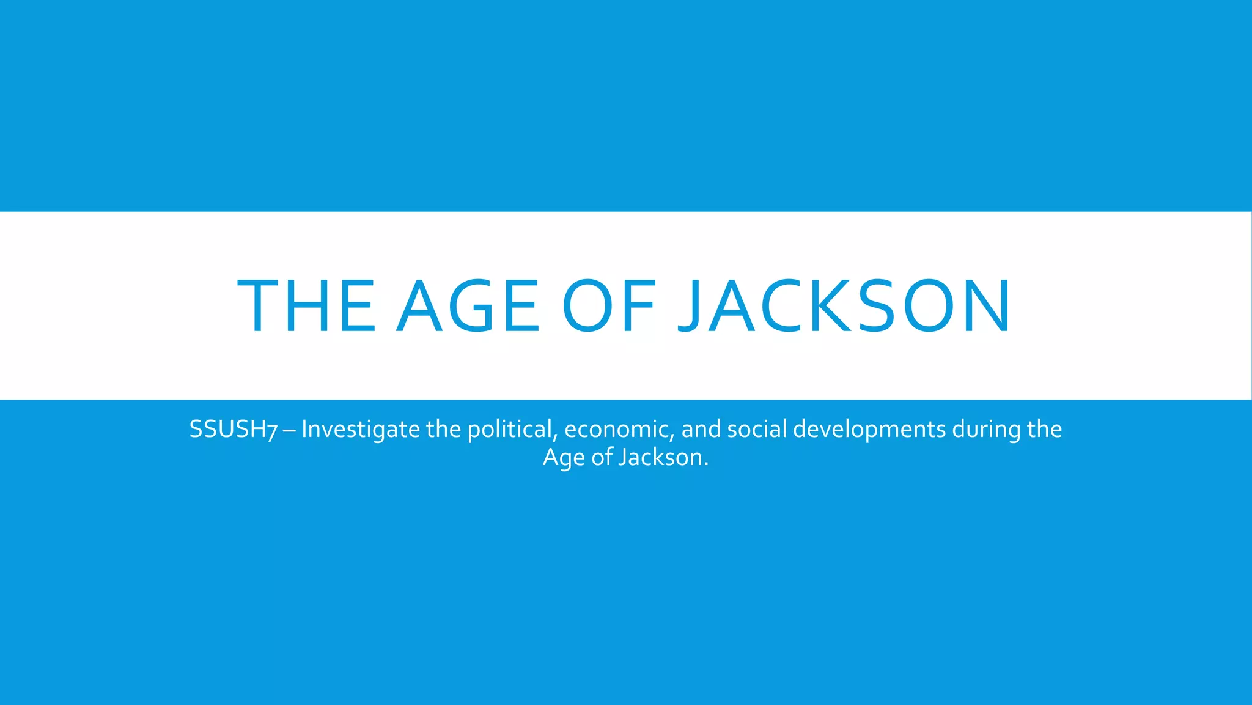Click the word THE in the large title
click(306, 306)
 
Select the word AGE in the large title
click(468, 306)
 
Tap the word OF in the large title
click(609, 306)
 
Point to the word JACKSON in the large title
click(844, 306)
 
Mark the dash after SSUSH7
click(290, 430)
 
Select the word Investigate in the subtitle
click(361, 430)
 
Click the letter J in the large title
click(690, 306)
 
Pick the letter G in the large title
click(471, 306)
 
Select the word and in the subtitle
click(701, 430)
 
